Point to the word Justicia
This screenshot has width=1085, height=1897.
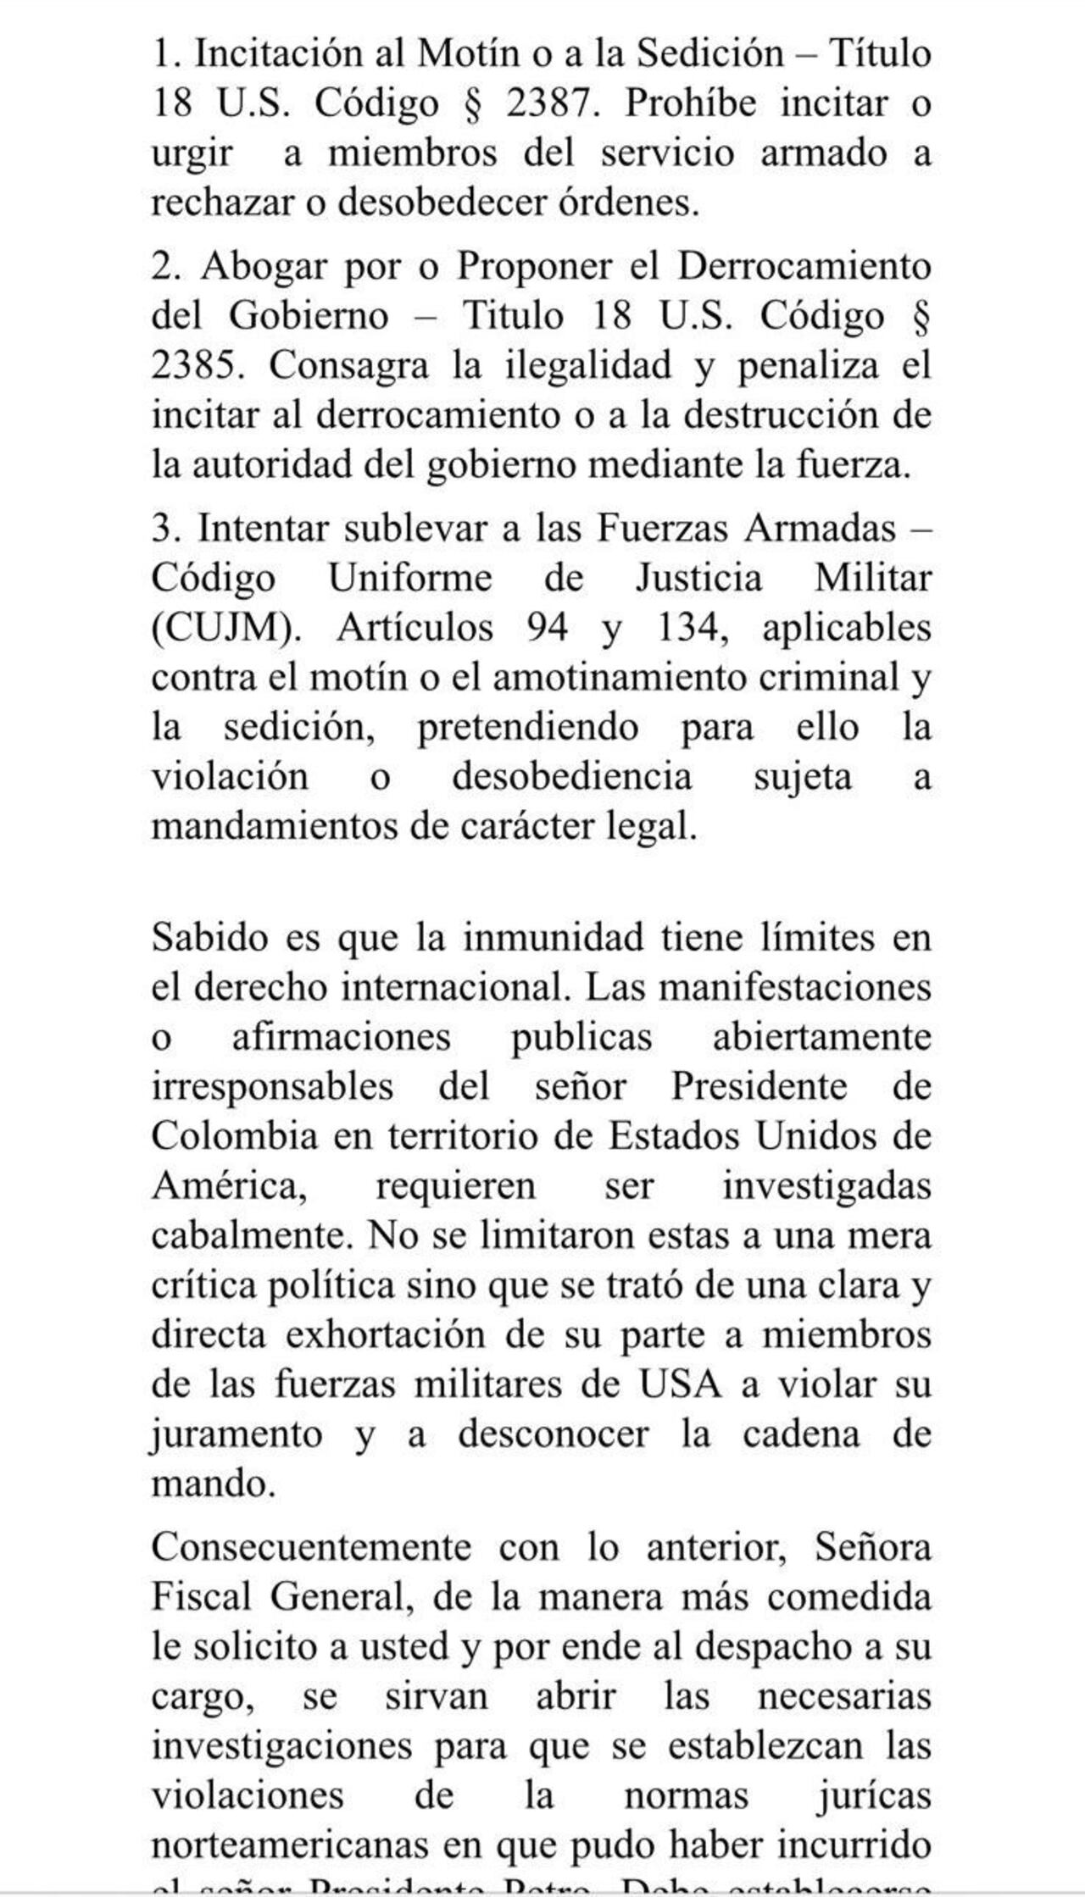coord(698,578)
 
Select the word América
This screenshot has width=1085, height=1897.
coord(229,1185)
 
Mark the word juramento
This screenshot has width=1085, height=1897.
coord(237,1434)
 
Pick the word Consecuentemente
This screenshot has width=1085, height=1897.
coord(311,1547)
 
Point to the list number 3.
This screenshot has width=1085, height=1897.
coord(162,529)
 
